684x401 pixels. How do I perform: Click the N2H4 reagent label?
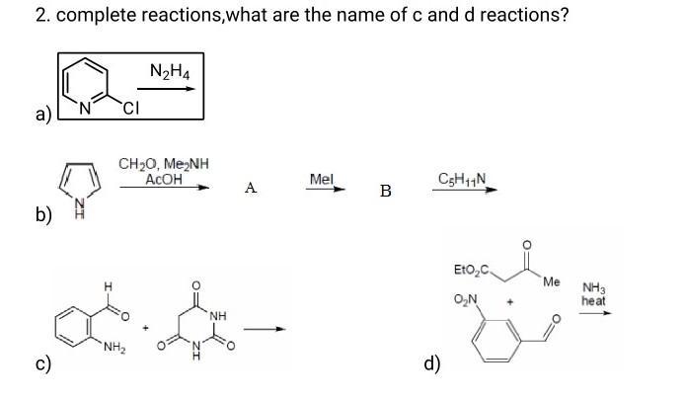point(170,71)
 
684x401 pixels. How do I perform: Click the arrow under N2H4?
point(167,89)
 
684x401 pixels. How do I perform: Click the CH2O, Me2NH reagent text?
point(163,164)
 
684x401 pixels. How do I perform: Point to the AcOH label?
point(163,178)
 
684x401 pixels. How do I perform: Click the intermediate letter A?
point(251,188)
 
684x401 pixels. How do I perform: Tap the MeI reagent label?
point(322,179)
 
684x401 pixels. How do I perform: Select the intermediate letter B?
point(385,191)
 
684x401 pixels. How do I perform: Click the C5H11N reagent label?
point(461,179)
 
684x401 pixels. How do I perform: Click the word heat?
point(593,300)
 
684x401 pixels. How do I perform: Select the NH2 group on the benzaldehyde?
point(111,344)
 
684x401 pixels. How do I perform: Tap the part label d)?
point(431,363)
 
